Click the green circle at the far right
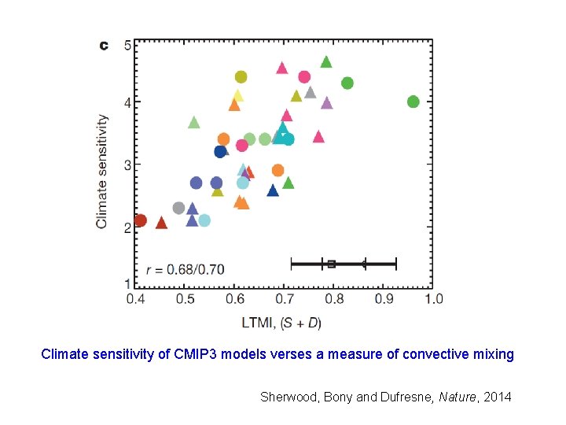pyautogui.click(x=413, y=102)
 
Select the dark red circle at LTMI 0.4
pyautogui.click(x=140, y=220)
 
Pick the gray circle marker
pyautogui.click(x=178, y=208)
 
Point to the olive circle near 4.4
pyautogui.click(x=241, y=77)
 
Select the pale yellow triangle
pyautogui.click(x=237, y=96)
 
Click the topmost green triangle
pyautogui.click(x=326, y=62)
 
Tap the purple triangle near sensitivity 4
pyautogui.click(x=326, y=103)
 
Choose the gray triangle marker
pyautogui.click(x=310, y=93)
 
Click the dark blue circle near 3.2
pyautogui.click(x=221, y=152)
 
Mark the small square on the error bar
pyautogui.click(x=331, y=264)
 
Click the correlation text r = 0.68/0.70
pyautogui.click(x=185, y=270)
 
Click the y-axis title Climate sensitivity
pyautogui.click(x=102, y=171)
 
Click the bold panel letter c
pyautogui.click(x=103, y=46)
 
